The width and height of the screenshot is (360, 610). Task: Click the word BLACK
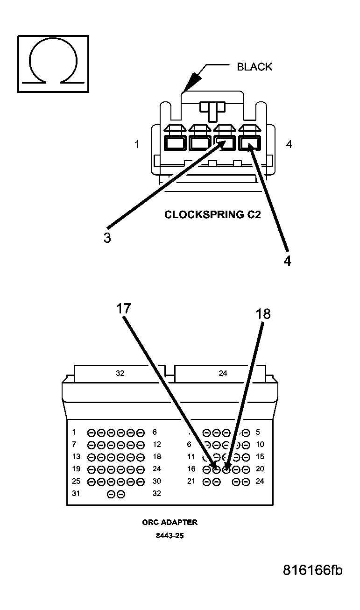click(254, 67)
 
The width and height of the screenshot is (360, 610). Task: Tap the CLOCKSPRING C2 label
click(212, 215)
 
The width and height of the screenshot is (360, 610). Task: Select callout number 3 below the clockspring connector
click(107, 238)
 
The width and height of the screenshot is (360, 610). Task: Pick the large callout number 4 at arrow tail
click(287, 261)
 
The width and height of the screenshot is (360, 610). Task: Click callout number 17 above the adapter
click(124, 309)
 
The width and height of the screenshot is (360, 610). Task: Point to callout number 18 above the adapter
click(263, 314)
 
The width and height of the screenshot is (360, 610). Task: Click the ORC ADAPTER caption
click(169, 522)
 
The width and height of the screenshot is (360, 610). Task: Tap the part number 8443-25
click(169, 536)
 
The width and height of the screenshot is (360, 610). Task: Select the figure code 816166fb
click(312, 570)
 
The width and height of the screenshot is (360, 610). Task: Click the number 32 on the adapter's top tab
click(120, 373)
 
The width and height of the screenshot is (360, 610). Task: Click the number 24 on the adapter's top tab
click(223, 373)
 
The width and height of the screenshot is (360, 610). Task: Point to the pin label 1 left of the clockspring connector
click(137, 145)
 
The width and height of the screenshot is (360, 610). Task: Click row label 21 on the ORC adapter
click(191, 481)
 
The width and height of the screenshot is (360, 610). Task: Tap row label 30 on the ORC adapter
click(157, 481)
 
